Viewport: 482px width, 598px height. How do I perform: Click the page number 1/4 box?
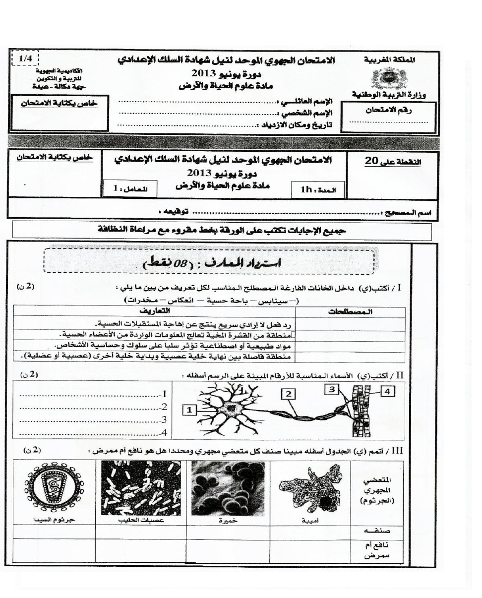(x=23, y=59)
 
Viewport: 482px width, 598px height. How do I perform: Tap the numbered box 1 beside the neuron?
(x=189, y=409)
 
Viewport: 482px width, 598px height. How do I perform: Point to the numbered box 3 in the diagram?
(x=331, y=390)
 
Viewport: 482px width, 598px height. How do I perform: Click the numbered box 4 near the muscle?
(x=387, y=391)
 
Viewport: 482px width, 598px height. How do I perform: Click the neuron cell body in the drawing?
(x=231, y=408)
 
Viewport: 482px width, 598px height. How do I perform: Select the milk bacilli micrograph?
(x=140, y=488)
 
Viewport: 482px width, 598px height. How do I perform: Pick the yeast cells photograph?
(x=221, y=488)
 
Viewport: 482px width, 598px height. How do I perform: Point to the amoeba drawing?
(x=310, y=490)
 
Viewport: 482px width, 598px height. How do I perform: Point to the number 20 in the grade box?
(x=372, y=161)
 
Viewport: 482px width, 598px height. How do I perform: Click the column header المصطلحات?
(x=351, y=312)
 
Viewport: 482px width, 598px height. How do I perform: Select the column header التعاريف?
(x=154, y=311)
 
